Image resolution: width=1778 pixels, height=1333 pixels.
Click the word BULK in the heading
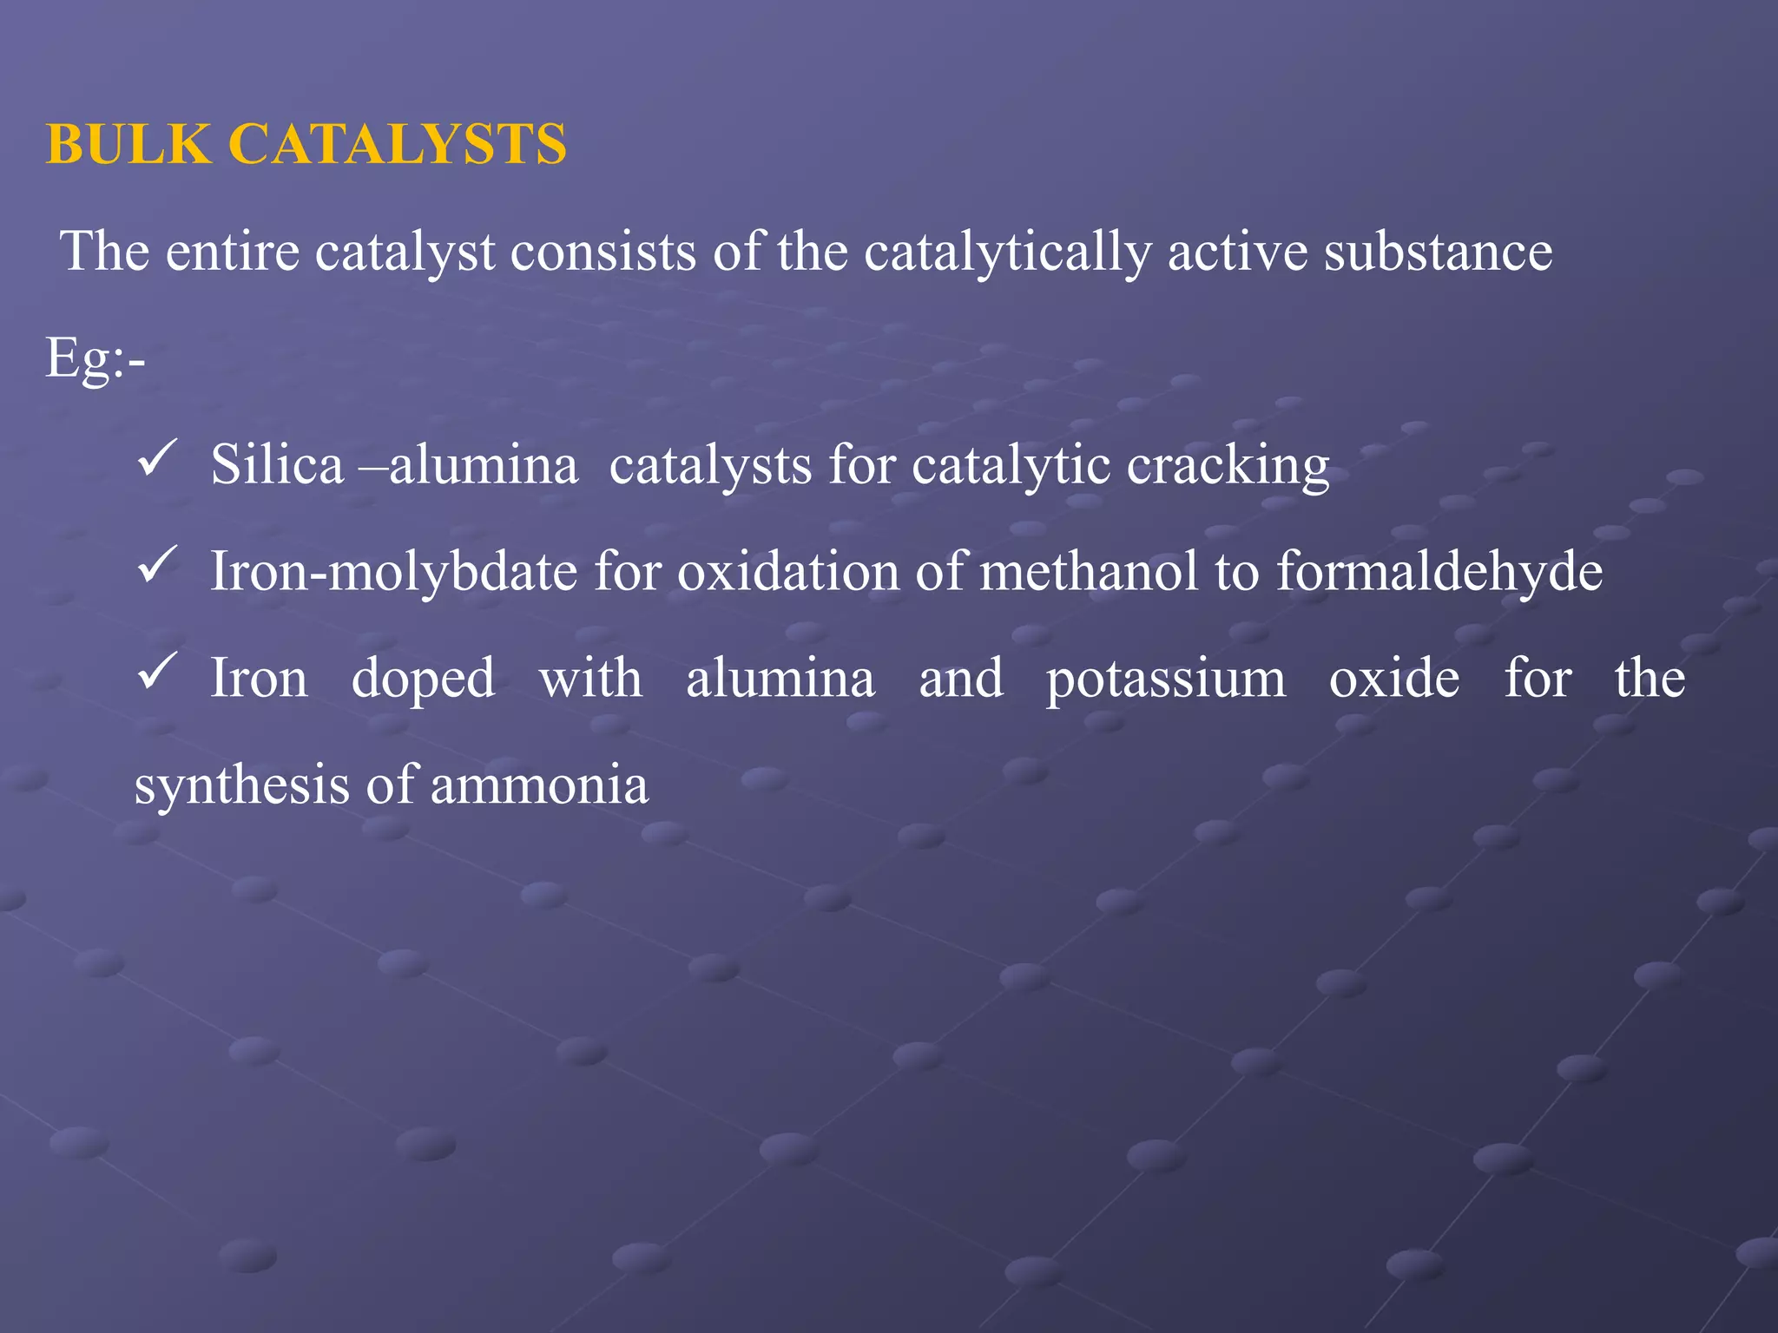click(128, 144)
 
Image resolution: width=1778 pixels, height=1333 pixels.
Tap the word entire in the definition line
click(232, 252)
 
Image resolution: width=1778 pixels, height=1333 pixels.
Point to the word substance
click(1438, 252)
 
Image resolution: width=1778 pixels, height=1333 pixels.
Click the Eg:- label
click(95, 358)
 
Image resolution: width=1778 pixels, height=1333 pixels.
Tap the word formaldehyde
click(1439, 573)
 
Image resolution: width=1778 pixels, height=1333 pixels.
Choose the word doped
click(424, 680)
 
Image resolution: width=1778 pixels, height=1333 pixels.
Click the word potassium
click(1165, 680)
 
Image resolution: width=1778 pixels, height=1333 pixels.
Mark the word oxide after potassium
click(1394, 679)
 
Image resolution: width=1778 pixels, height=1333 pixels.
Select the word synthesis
click(242, 786)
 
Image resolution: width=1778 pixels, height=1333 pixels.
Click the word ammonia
click(539, 786)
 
